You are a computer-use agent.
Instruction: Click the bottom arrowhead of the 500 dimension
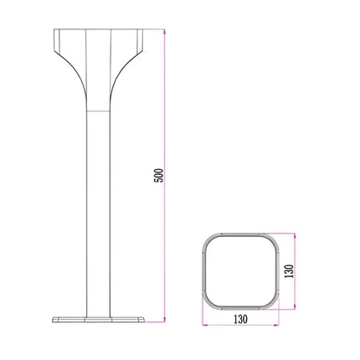tap(166, 321)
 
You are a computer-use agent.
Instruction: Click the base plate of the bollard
tap(99, 319)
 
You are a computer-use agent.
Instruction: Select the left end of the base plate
tap(54, 320)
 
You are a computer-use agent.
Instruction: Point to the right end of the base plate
tap(145, 320)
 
